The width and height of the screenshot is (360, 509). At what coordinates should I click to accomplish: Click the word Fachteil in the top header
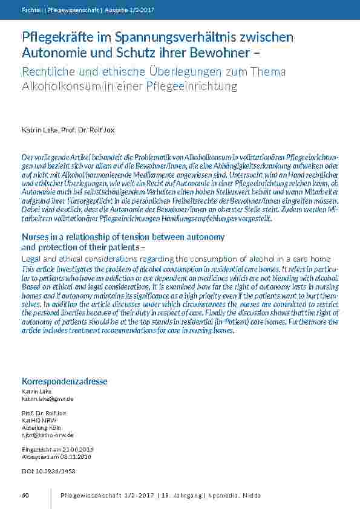pyautogui.click(x=31, y=10)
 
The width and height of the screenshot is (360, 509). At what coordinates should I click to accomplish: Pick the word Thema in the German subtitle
pyautogui.click(x=265, y=72)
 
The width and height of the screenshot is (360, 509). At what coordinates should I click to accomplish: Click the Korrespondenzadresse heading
pyautogui.click(x=64, y=381)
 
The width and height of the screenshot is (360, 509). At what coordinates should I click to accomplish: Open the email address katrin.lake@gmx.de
pyautogui.click(x=47, y=399)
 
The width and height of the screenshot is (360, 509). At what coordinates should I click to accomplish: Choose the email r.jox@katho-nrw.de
pyautogui.click(x=48, y=435)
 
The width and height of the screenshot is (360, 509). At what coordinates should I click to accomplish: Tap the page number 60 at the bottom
pyautogui.click(x=25, y=496)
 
